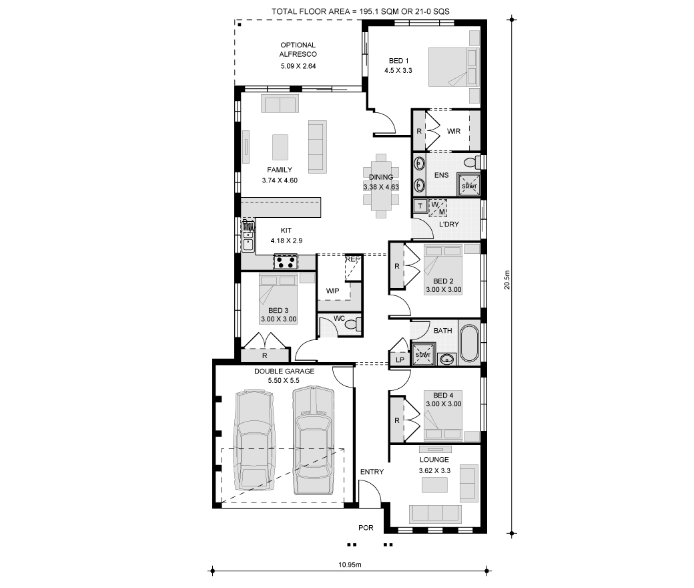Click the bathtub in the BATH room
coord(469,344)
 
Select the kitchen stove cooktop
coord(286,261)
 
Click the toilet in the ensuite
coord(472,162)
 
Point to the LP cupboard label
coord(400,359)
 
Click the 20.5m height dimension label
coord(506,280)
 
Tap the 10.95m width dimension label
coord(350,565)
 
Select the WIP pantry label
coord(332,291)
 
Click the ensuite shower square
coord(468,184)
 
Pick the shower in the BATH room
coord(424,354)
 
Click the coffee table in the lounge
coord(434,485)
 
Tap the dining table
coord(381,186)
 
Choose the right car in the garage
coord(314,440)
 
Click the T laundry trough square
coord(420,206)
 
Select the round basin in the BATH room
coord(448,358)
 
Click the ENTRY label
coord(372,472)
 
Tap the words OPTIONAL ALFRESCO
coord(298,49)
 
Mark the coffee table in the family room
coord(280,147)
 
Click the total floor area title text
coord(361,11)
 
